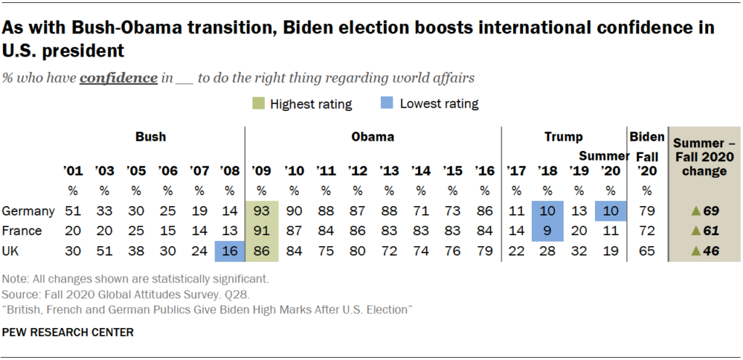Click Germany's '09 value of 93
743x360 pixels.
coord(261,211)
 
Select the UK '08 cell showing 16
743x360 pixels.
coord(229,252)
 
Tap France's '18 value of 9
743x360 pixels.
coord(546,232)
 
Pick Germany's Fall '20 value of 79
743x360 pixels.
coord(646,211)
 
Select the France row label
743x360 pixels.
coord(20,232)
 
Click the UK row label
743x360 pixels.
coord(12,252)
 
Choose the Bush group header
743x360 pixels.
coord(150,136)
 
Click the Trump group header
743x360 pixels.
coord(564,136)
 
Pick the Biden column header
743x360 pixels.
coord(646,136)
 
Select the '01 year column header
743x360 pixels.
coord(73,171)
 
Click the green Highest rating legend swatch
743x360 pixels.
coord(259,104)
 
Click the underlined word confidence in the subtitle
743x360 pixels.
coord(119,78)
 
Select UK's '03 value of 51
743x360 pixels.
coord(104,252)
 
